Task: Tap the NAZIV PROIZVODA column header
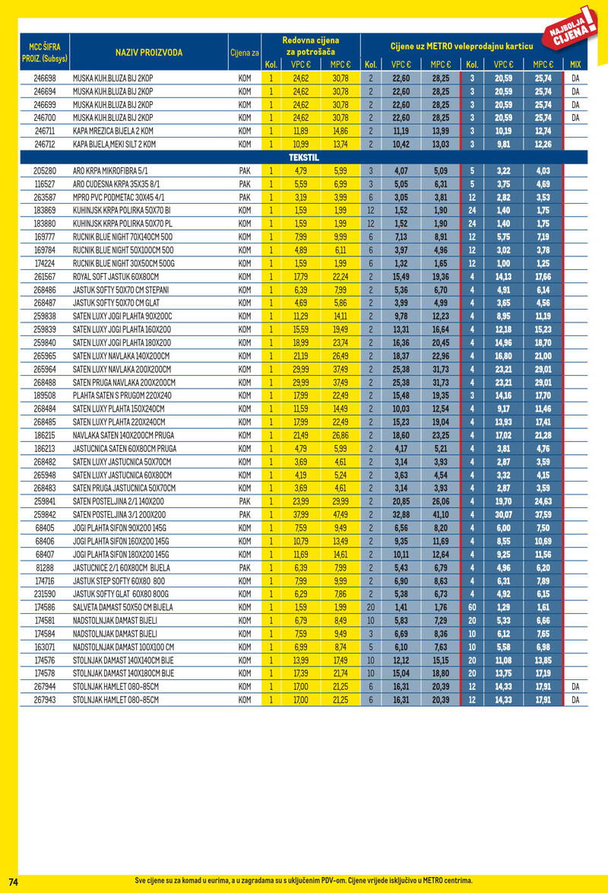tap(149, 52)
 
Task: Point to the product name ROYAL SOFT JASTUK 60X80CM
tap(116, 276)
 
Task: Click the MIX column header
tap(575, 65)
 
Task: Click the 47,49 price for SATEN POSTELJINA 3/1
tap(340, 514)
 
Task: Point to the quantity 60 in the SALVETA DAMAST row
tap(472, 607)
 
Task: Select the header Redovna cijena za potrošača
tap(311, 45)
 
